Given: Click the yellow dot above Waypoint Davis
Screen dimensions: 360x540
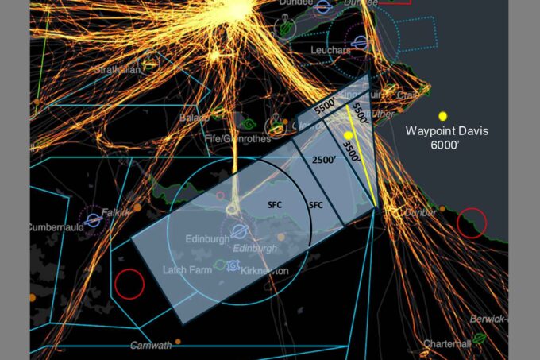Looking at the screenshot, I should tap(443, 116).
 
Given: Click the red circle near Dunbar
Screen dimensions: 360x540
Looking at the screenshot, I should tap(472, 223).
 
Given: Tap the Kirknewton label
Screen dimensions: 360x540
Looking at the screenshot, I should tap(264, 272).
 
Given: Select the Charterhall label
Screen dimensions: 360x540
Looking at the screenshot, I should tap(448, 343).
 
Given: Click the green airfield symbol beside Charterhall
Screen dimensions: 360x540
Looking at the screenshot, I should tap(480, 339).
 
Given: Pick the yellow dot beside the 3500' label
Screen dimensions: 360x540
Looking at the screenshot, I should tap(348, 135).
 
